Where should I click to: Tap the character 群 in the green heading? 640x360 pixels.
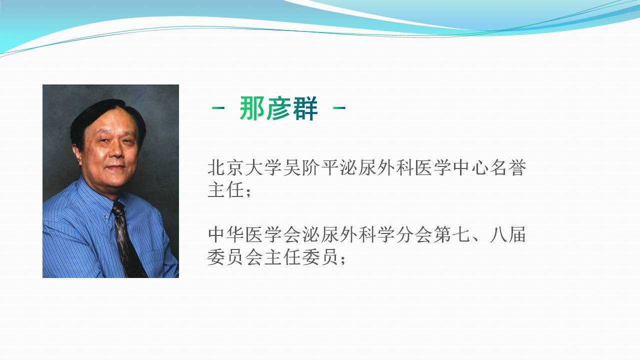tap(305, 108)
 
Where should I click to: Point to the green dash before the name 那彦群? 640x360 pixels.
tap(218, 108)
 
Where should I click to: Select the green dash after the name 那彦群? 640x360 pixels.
tap(339, 108)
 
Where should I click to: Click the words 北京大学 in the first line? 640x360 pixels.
tap(244, 167)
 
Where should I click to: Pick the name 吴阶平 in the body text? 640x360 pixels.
tap(311, 167)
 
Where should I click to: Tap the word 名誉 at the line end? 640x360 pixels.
tap(508, 167)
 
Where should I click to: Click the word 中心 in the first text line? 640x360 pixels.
tap(470, 167)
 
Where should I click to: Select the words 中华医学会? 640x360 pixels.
tap(254, 235)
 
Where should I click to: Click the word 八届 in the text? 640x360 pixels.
tap(508, 235)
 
